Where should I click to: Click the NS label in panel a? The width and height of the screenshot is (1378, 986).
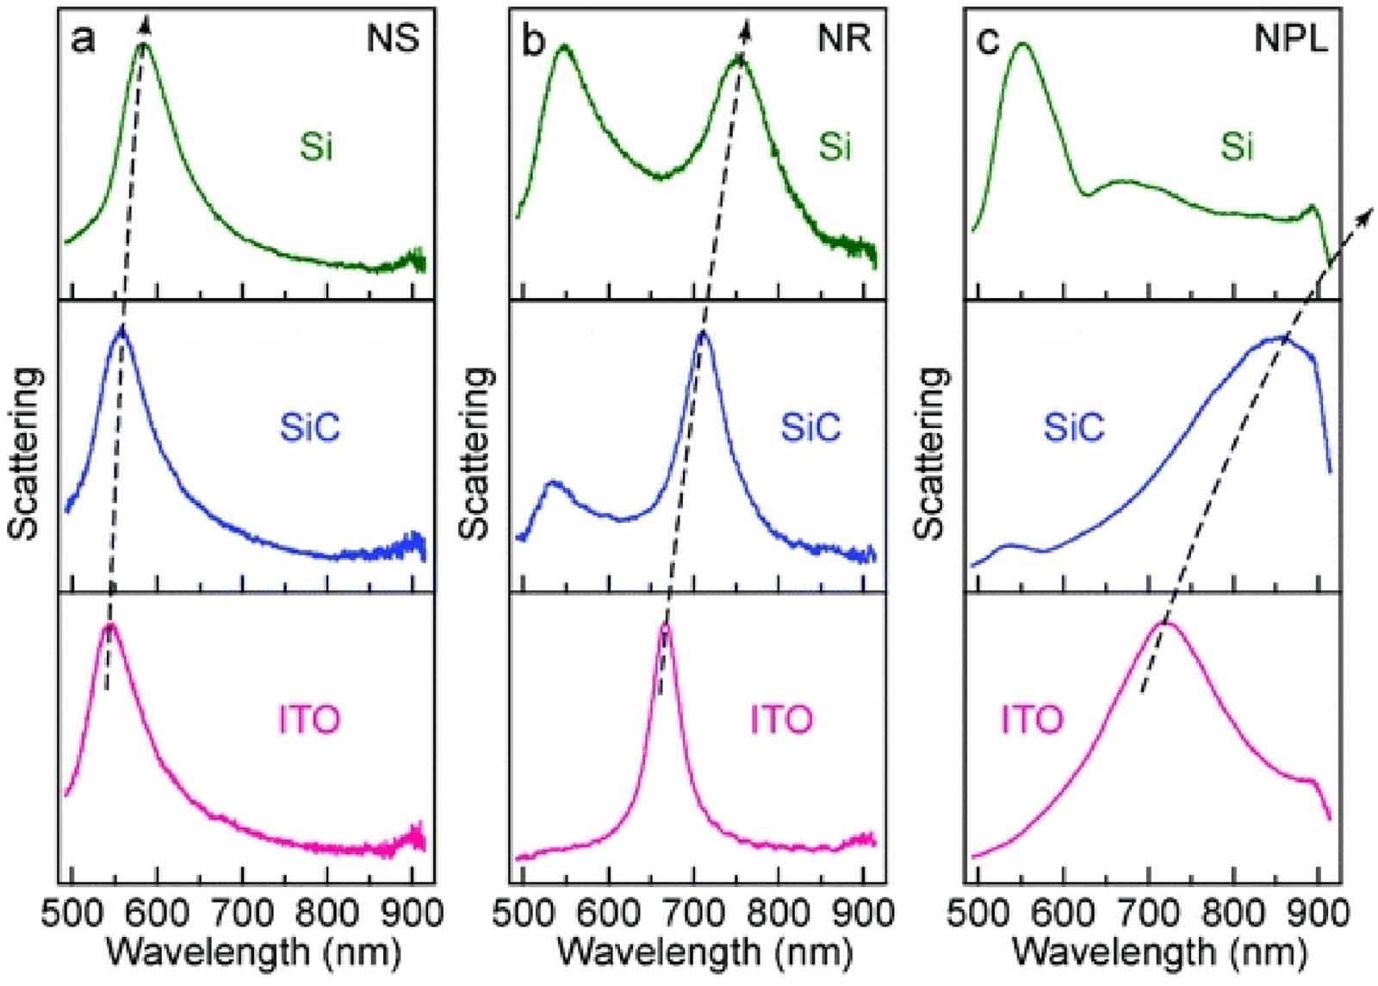[393, 40]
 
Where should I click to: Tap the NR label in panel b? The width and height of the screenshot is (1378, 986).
[845, 40]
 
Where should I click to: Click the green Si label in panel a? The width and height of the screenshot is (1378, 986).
[316, 147]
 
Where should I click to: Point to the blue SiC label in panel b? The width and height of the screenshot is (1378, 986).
[810, 427]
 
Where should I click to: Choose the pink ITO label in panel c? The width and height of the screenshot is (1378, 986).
[1032, 719]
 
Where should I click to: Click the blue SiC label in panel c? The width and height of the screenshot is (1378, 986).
[1073, 427]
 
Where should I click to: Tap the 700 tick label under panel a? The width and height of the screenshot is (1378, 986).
[242, 912]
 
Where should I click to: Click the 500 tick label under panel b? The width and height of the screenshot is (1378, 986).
[524, 912]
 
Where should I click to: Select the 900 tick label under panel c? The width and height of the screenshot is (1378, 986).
[1318, 912]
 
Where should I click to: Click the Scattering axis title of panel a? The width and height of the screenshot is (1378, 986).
[23, 453]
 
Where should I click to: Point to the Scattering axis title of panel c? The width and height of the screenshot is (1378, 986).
[930, 453]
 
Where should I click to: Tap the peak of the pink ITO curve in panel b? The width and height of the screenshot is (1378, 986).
[664, 626]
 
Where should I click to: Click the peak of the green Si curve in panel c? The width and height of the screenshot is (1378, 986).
[1023, 44]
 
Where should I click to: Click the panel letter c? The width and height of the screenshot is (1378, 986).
[987, 40]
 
